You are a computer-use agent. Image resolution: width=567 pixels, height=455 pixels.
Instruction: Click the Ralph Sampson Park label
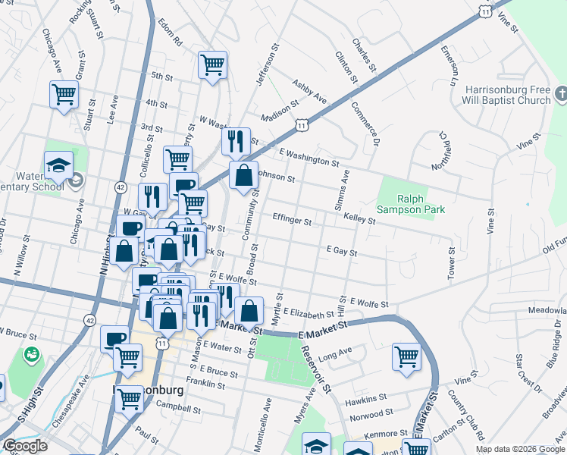coord(412,202)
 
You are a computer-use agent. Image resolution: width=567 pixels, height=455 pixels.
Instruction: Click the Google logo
coord(24,446)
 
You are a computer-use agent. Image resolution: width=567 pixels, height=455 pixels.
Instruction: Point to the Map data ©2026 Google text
coord(520,449)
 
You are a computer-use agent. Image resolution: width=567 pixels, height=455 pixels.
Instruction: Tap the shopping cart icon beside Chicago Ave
coord(64,94)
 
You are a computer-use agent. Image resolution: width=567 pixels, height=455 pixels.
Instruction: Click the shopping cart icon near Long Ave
coord(407,356)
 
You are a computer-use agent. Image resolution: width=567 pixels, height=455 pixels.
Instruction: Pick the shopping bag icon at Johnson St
coord(244,175)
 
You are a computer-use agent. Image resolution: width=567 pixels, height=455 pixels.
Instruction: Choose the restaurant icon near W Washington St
coord(236,141)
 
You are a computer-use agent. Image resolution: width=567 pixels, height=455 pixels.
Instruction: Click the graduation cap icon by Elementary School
coord(58,165)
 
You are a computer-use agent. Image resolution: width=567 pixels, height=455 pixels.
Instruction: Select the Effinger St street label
coord(292,221)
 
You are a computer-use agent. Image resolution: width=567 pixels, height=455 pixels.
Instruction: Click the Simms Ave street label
coord(341,190)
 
